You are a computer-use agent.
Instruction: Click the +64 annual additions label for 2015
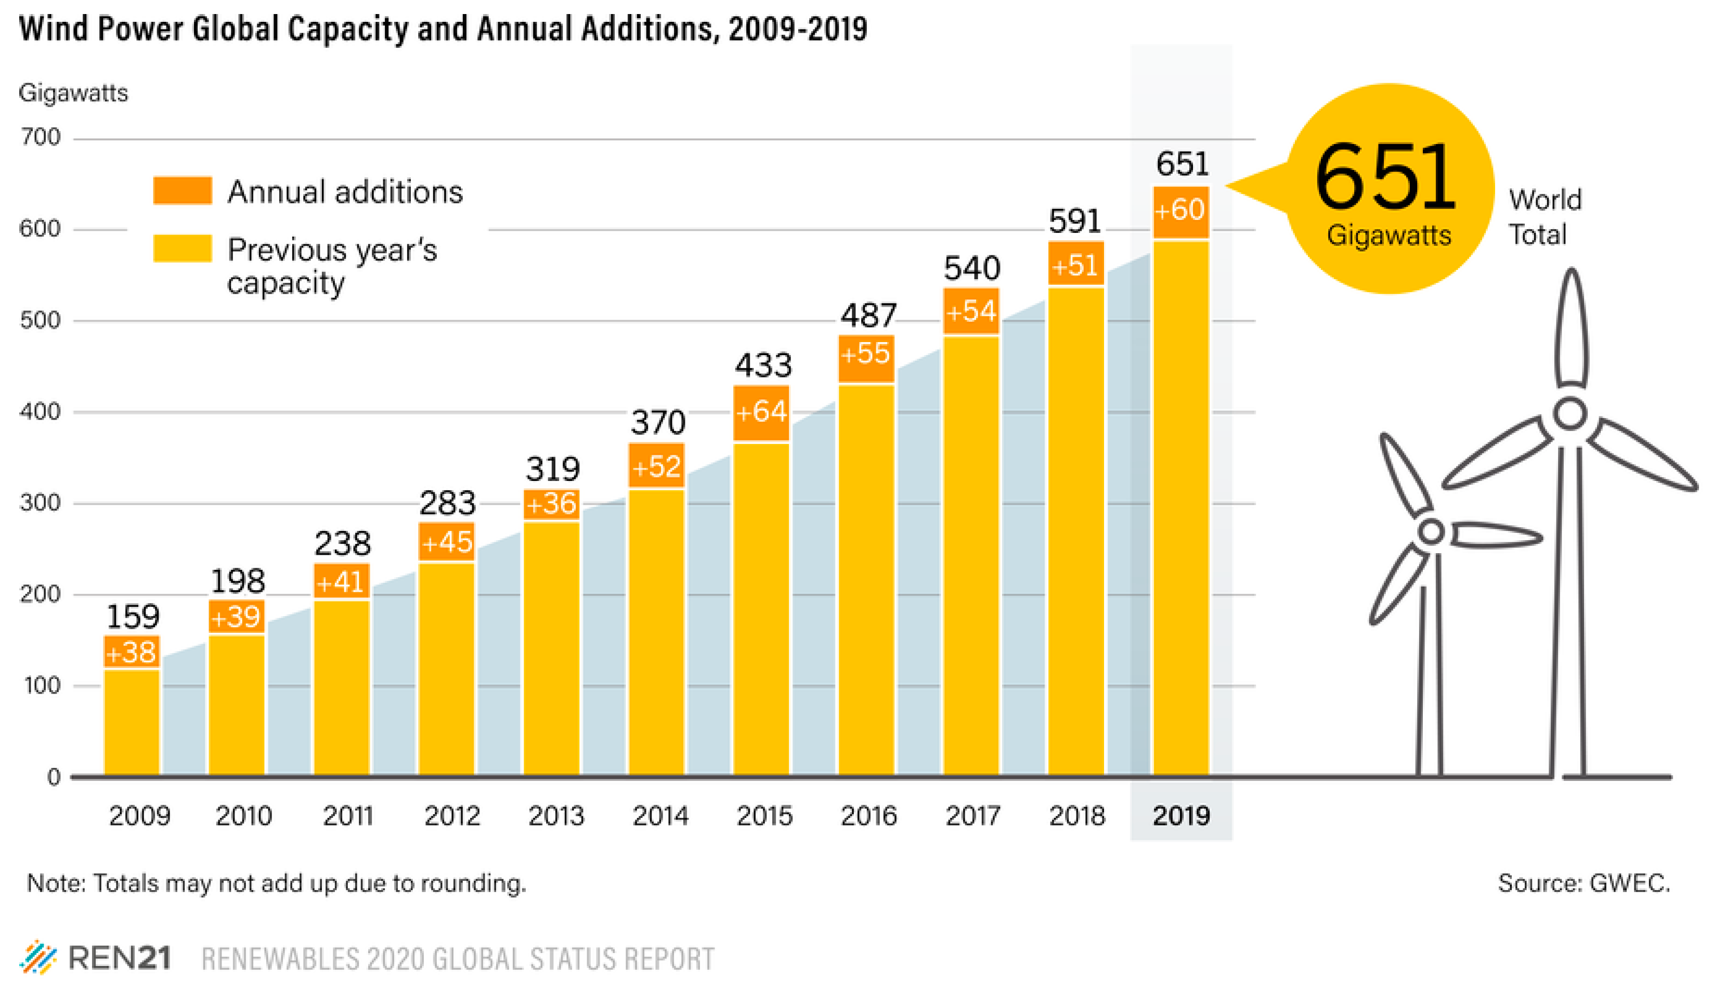[x=761, y=412]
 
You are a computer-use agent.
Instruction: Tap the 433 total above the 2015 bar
[x=763, y=366]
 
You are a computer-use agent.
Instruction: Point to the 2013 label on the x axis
[x=556, y=816]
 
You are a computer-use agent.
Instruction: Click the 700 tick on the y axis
[x=40, y=138]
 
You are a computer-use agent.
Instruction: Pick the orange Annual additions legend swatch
[x=182, y=191]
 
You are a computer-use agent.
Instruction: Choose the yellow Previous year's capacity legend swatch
[x=182, y=249]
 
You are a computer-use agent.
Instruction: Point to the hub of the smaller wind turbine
[x=1431, y=531]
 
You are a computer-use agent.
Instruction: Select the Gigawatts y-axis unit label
[x=73, y=93]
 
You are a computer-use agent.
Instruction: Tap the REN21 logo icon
[x=37, y=958]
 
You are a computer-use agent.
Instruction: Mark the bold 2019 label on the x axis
[x=1181, y=816]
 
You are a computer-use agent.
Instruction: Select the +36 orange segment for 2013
[x=551, y=504]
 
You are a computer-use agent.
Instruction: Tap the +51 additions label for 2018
[x=1075, y=265]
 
